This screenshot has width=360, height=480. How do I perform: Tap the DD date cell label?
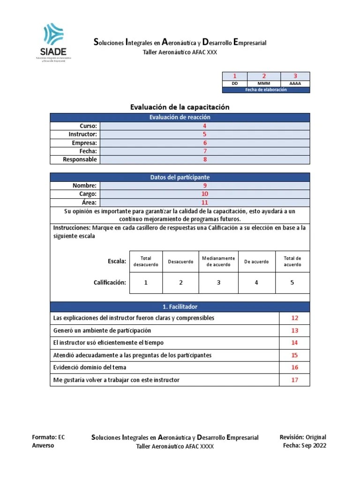(x=235, y=83)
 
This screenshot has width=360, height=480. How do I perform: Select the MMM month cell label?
(x=264, y=83)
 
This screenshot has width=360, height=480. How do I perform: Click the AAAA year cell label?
(x=295, y=83)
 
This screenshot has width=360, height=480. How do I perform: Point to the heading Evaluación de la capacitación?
(x=180, y=107)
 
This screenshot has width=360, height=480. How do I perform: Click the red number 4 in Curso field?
(x=204, y=126)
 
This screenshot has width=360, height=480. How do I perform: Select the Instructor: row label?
(x=82, y=135)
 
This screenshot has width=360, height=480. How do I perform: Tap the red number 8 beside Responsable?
(x=204, y=160)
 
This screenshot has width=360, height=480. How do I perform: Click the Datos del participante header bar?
(x=180, y=177)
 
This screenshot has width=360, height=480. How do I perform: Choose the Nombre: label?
(x=84, y=186)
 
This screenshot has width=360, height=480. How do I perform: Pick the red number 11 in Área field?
(x=204, y=202)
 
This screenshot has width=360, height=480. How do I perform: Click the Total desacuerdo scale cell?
(x=146, y=262)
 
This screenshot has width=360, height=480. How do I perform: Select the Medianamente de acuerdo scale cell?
(x=218, y=262)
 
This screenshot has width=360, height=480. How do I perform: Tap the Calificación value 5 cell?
(x=292, y=283)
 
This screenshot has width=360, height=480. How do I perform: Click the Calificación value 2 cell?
(x=180, y=283)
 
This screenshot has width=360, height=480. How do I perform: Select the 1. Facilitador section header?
(x=180, y=307)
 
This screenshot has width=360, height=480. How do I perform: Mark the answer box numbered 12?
(x=294, y=318)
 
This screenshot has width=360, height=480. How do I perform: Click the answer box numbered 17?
(x=294, y=380)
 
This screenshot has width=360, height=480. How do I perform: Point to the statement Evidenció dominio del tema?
(x=90, y=367)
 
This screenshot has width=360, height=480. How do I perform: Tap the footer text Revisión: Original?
(x=303, y=437)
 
